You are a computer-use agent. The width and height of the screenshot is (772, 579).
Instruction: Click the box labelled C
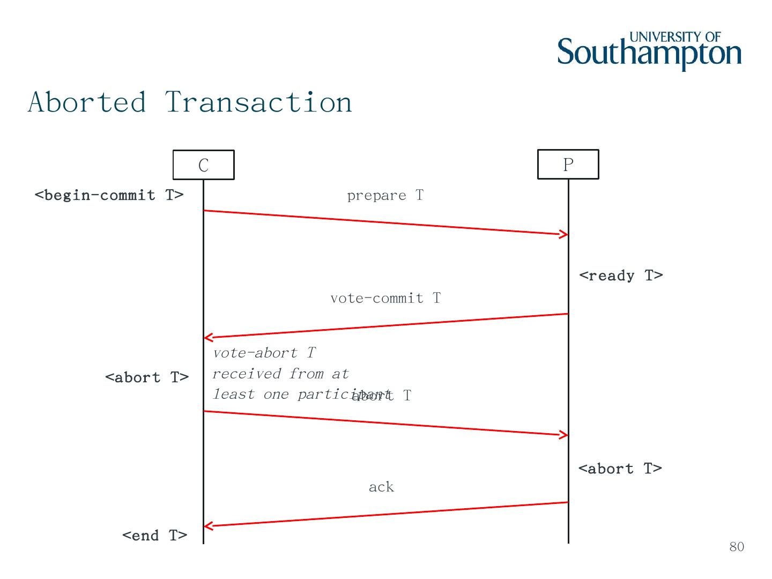tap(203, 165)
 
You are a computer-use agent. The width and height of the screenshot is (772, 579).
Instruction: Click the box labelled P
tap(568, 164)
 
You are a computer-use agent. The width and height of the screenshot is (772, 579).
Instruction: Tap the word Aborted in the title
tap(87, 102)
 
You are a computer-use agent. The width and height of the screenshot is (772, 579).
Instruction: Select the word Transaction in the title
tap(258, 102)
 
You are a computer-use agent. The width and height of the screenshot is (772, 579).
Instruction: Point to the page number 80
tap(737, 546)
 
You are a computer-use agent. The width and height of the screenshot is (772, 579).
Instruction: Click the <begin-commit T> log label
tap(109, 195)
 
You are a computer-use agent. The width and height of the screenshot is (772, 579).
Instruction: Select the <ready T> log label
tap(621, 276)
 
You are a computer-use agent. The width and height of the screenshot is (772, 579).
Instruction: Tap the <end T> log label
tap(154, 535)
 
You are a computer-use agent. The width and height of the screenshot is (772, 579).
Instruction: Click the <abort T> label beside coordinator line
tap(147, 377)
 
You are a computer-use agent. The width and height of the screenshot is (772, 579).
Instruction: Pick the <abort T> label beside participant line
tap(620, 469)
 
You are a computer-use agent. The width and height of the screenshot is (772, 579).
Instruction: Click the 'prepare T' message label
tap(385, 196)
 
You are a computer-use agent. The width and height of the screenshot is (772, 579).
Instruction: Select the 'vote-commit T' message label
tap(385, 298)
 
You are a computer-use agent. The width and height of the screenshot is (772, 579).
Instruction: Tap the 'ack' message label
tap(381, 487)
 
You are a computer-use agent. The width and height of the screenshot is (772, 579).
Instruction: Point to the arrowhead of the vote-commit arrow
tap(207, 338)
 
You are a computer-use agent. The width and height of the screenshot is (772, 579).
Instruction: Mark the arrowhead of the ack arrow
tap(207, 526)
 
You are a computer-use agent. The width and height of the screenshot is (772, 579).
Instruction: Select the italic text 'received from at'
tap(280, 374)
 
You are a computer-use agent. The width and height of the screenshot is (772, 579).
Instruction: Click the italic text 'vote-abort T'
tap(264, 353)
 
